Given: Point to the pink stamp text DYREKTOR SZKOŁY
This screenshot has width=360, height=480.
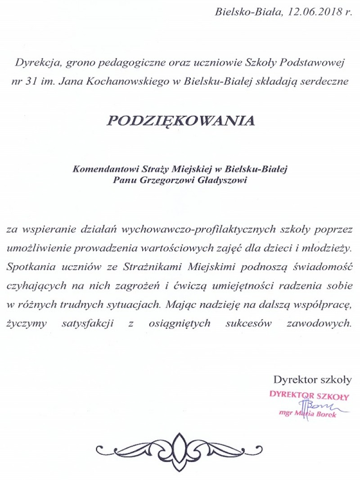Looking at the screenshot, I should point(309,396).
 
